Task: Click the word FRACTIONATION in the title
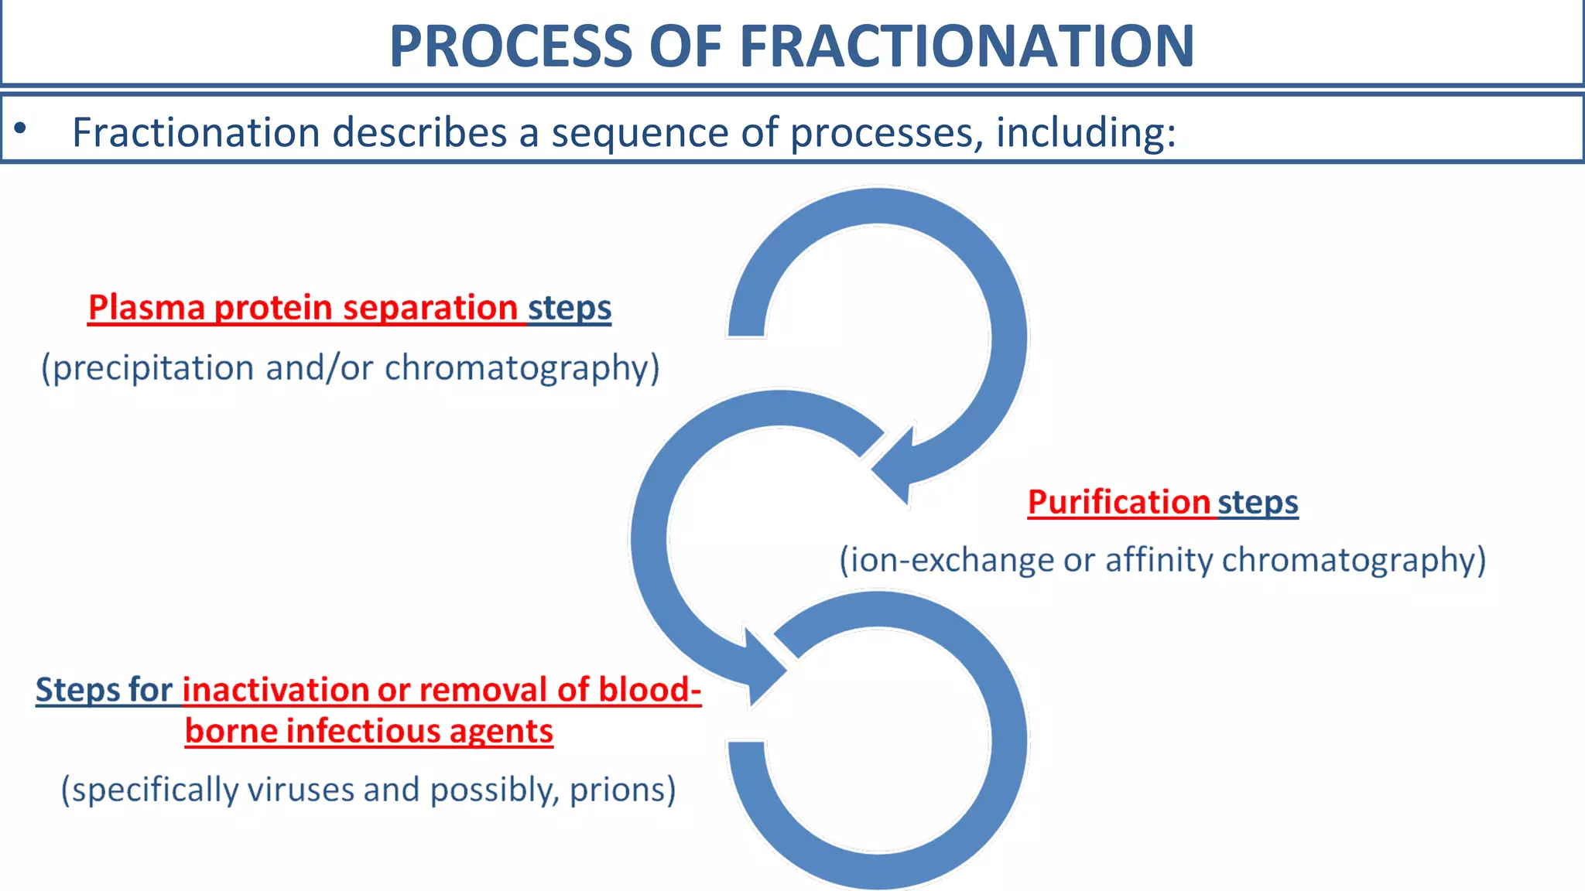coord(967,46)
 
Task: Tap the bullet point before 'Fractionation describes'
coord(20,128)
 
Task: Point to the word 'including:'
coord(1085,133)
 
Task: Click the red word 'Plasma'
coord(146,308)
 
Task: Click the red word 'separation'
coord(430,308)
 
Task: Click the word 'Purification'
coord(1118,502)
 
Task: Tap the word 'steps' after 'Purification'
coord(1258,504)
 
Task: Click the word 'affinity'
coord(1158,560)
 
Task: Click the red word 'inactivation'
coord(274,690)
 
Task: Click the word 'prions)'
coord(622,790)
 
